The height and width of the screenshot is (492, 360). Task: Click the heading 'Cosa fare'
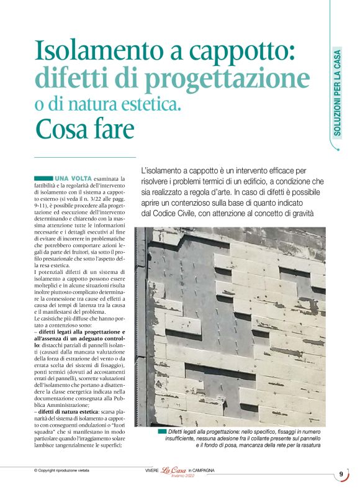click(x=84, y=129)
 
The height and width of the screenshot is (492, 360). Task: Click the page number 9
click(x=341, y=475)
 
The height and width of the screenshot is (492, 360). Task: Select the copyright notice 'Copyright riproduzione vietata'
click(x=65, y=471)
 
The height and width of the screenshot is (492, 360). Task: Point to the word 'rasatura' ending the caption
click(x=308, y=445)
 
